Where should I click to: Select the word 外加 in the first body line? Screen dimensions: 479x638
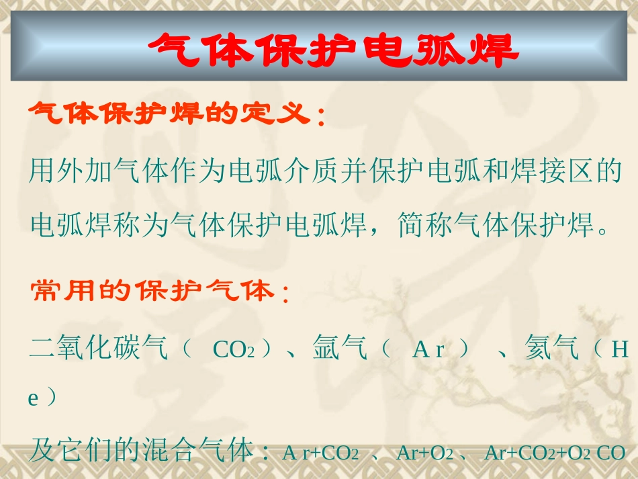pos(86,173)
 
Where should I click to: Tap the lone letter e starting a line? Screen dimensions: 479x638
pos(33,398)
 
